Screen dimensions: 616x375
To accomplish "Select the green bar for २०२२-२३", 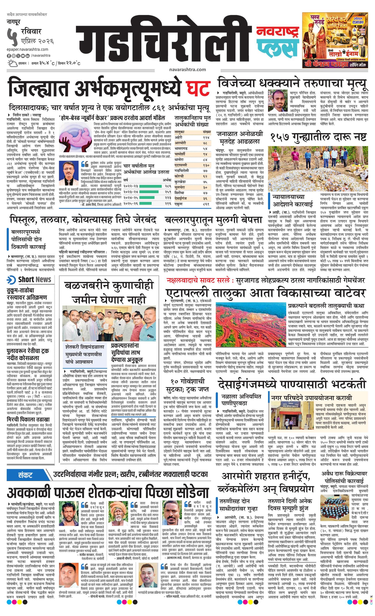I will tap(150, 186).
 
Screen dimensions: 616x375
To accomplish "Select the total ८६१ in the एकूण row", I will tap(207, 204).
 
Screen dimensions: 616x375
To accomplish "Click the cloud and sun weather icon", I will tap(12, 63).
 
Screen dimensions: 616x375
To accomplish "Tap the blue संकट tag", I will tap(26, 475).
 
